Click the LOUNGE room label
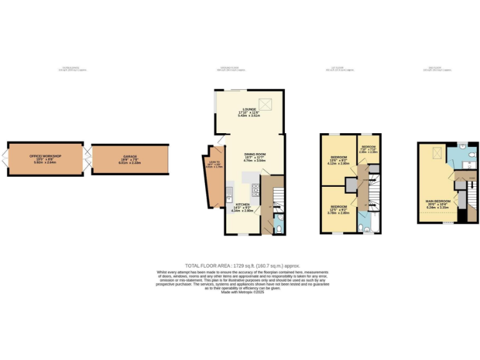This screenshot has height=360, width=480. click(249, 109)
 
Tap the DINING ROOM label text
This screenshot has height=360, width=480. click(254, 154)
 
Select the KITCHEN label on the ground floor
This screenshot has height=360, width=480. click(242, 205)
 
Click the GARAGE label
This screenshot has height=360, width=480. click(130, 156)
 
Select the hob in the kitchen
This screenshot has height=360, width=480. click(256, 189)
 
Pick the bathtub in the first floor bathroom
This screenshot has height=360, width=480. click(369, 220)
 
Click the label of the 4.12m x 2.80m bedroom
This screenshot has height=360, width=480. click(339, 157)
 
